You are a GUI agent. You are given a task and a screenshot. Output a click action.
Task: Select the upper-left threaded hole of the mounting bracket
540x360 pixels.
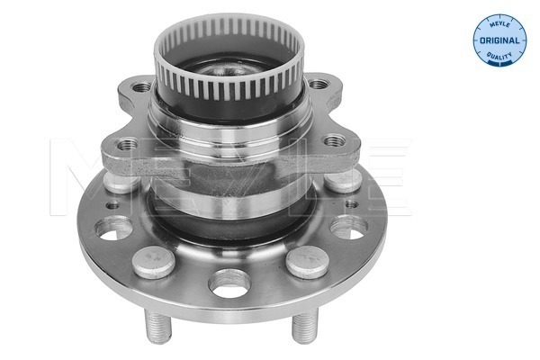(142, 86)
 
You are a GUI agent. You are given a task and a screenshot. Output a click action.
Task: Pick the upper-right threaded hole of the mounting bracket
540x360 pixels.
(319, 85)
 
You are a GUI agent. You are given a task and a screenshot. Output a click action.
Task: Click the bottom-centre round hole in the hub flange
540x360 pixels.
(229, 283)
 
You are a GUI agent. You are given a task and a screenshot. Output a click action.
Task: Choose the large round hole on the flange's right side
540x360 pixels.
(347, 227)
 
